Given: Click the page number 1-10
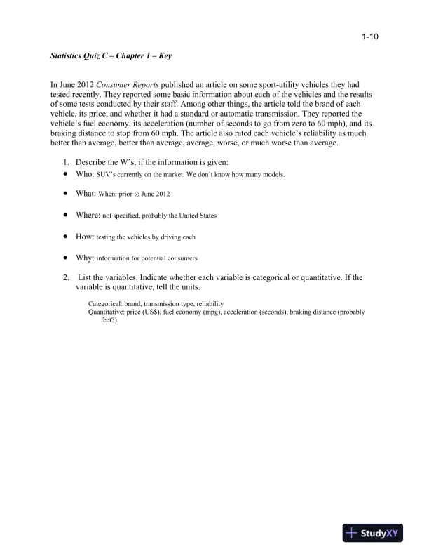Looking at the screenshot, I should [x=370, y=38].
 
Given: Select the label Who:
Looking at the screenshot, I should [x=84, y=173].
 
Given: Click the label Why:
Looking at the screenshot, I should [x=84, y=258].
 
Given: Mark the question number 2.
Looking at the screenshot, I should [x=66, y=277].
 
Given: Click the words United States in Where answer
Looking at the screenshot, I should [x=197, y=216].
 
